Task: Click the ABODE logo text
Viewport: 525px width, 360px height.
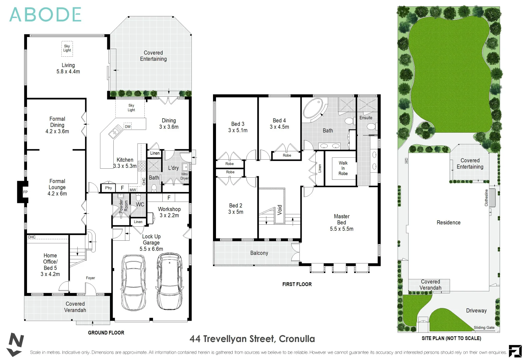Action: pyautogui.click(x=45, y=15)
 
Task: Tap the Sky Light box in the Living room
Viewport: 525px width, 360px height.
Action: pyautogui.click(x=67, y=49)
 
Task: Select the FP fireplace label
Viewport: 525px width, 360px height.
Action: pyautogui.click(x=25, y=192)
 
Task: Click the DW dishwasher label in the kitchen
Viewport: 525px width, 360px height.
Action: pyautogui.click(x=128, y=127)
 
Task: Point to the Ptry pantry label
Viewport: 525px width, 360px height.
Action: pyautogui.click(x=108, y=188)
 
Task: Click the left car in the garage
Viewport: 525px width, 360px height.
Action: pyautogui.click(x=133, y=283)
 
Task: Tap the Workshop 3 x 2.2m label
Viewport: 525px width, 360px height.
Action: pyautogui.click(x=169, y=212)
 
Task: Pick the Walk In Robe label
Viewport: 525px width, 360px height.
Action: pyautogui.click(x=343, y=168)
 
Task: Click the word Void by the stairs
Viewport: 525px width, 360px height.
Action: pyautogui.click(x=280, y=210)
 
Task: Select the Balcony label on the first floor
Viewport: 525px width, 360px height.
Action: pyautogui.click(x=259, y=253)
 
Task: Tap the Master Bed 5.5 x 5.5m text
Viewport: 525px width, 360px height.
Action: pyautogui.click(x=342, y=223)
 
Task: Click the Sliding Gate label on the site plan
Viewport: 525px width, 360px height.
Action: pyautogui.click(x=484, y=328)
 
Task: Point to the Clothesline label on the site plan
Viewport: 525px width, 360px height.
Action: pyautogui.click(x=486, y=198)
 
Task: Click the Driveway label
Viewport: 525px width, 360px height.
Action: pyautogui.click(x=476, y=311)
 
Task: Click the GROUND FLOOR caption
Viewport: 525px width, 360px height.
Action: pyautogui.click(x=106, y=333)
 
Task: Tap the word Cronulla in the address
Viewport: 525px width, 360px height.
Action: pyautogui.click(x=297, y=339)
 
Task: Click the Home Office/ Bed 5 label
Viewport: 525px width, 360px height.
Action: pyautogui.click(x=50, y=265)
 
